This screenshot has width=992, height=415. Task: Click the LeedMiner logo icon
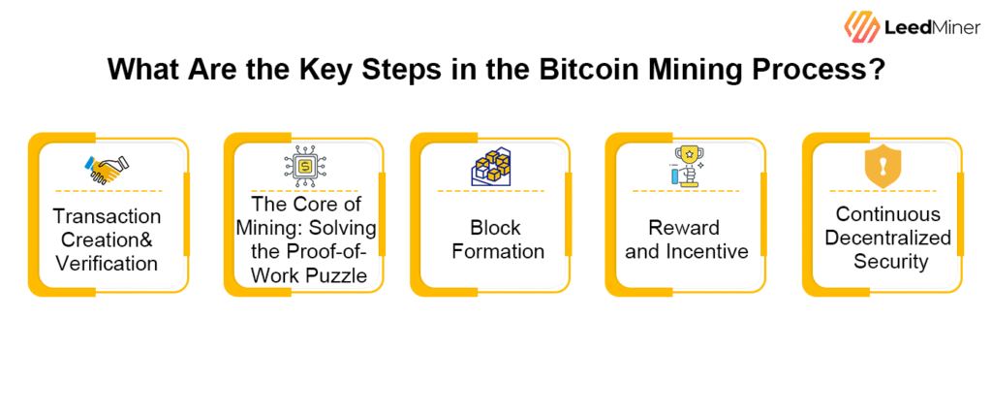tap(861, 26)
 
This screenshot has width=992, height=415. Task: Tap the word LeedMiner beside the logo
tap(933, 26)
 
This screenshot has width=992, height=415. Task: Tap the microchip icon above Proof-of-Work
tap(305, 166)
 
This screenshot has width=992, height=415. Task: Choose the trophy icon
tap(686, 166)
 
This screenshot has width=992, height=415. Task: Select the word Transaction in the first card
tap(107, 216)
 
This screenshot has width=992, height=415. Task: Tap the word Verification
tap(107, 263)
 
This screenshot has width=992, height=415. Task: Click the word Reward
tap(684, 228)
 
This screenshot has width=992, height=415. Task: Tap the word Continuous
tap(888, 214)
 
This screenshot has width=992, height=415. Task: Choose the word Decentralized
tap(888, 238)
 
